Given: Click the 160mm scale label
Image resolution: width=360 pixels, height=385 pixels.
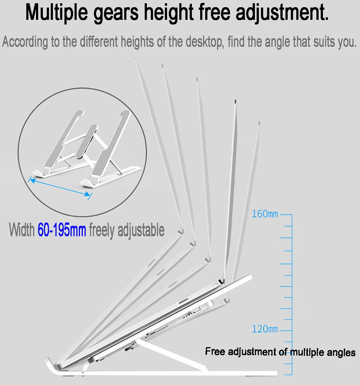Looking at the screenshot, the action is point(265,214).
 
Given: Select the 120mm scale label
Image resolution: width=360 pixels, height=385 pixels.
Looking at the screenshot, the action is point(265,329).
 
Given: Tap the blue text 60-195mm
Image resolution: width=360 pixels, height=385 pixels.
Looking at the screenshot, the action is point(62,230).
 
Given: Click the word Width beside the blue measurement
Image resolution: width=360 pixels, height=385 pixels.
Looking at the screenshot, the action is point(22,230).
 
